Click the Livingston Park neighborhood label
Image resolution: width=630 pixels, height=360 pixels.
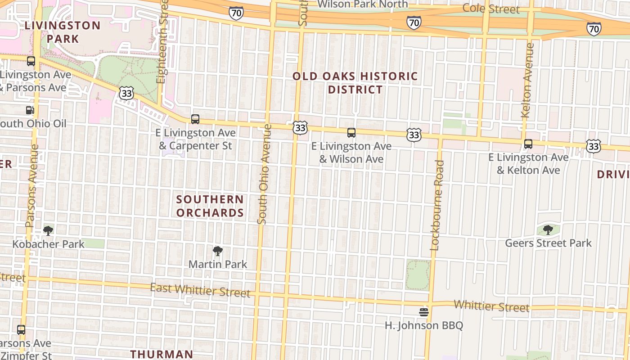[63, 32]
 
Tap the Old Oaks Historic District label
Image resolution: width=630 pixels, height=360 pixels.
[355, 83]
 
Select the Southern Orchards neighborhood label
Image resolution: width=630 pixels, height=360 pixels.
[210, 206]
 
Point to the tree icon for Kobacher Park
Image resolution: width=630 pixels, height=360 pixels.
[48, 231]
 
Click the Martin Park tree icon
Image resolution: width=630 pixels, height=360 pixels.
[218, 251]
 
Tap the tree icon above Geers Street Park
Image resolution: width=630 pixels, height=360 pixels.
[548, 230]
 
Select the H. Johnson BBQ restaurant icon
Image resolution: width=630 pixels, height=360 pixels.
[423, 312]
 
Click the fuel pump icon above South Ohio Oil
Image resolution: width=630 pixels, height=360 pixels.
[30, 110]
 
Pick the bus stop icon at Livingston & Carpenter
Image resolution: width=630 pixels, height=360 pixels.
[195, 119]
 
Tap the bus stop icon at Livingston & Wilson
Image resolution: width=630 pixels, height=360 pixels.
[351, 133]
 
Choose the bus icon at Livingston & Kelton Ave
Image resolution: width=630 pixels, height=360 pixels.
[528, 144]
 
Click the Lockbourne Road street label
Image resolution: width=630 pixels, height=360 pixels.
[437, 205]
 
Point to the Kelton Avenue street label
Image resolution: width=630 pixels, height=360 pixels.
[527, 80]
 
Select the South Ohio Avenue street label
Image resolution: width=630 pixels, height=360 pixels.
[265, 174]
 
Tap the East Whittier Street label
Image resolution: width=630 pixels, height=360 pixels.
[200, 290]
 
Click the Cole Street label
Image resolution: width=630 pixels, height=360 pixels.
[491, 9]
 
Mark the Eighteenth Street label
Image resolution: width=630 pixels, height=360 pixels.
[162, 40]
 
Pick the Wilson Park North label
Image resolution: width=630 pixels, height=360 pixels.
[363, 4]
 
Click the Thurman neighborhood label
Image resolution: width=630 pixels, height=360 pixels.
[162, 354]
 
